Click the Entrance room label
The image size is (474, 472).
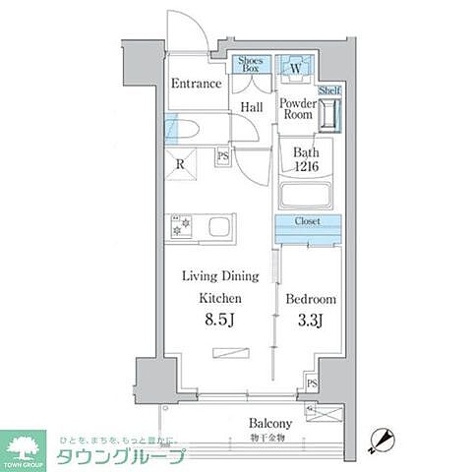coord(196,84)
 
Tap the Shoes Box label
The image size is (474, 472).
coord(250,65)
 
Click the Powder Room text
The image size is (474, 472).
coord(296,109)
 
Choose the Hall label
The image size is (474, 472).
coord(250,107)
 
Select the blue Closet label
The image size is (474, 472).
coord(308,222)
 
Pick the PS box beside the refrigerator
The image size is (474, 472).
coord(222,156)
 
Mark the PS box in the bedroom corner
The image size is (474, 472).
coord(312,382)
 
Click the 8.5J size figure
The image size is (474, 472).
coord(219,320)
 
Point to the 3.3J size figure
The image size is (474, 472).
coord(311,321)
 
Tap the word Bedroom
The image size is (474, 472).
coord(311,299)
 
